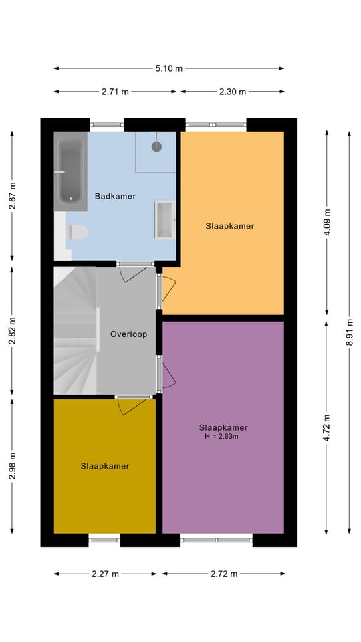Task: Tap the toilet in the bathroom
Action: click(77, 232)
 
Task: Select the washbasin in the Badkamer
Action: click(164, 219)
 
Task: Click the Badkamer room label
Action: click(115, 196)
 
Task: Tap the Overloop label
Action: click(128, 334)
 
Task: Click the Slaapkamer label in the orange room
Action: click(229, 226)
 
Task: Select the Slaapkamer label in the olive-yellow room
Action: click(105, 466)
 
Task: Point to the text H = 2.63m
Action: click(223, 437)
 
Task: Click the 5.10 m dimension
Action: click(169, 68)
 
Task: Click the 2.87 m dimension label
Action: click(12, 196)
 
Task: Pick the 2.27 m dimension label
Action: click(105, 574)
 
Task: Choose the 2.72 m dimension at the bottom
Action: click(223, 574)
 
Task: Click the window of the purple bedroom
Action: click(217, 538)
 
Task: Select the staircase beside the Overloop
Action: click(75, 331)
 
